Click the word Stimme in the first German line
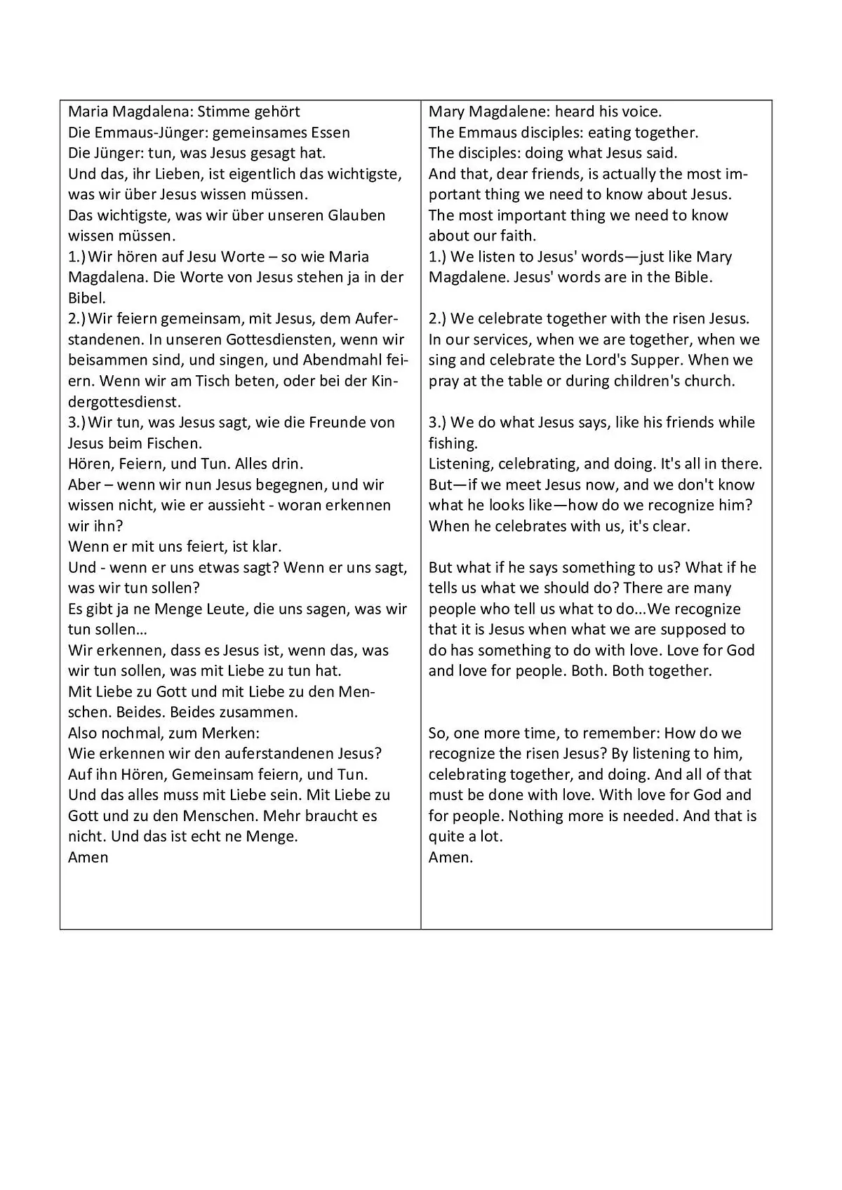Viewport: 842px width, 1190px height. pos(220,112)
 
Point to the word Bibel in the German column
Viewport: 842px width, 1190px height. pos(86,298)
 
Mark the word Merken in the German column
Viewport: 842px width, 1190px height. pos(230,733)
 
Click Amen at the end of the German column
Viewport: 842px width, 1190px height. pos(88,857)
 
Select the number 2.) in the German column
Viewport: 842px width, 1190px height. pos(77,319)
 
